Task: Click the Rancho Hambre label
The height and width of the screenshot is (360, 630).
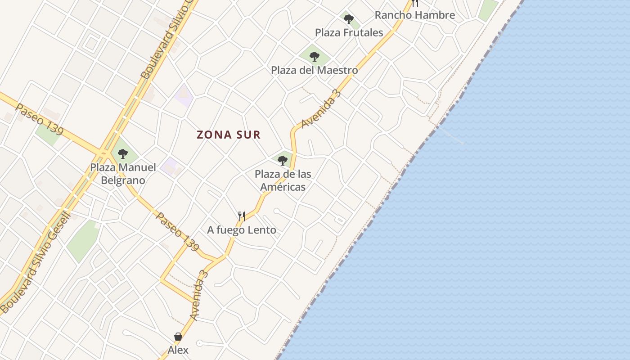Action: point(414,15)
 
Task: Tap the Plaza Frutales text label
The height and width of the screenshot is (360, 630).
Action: point(349,32)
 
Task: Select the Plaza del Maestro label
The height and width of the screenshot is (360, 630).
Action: point(314,70)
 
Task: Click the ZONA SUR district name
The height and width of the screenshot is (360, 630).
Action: point(229,135)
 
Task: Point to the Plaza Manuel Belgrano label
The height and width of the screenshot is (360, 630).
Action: point(123,174)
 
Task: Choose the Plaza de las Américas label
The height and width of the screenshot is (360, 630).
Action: point(283,180)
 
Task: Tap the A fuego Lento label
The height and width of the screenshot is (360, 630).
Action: point(242,230)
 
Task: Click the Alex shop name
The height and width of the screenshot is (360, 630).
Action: point(178,350)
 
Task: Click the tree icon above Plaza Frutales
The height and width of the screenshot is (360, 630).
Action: point(348,19)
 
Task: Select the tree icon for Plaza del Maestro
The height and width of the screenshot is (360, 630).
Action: point(315,57)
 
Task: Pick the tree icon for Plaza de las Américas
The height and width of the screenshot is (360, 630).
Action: point(283,160)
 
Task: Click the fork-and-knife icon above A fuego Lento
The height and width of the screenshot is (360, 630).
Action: point(242,216)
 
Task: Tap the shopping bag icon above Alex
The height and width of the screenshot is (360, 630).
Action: point(178,337)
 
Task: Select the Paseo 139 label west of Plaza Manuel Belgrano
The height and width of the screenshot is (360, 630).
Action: point(40,119)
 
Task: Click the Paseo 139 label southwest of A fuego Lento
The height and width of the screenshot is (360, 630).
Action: point(177,231)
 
